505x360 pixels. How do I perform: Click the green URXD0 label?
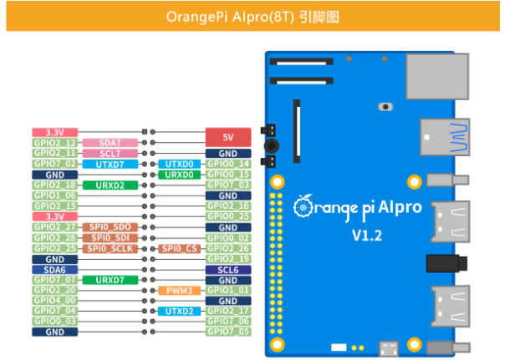[x=179, y=174]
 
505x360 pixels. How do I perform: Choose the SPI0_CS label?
[x=179, y=248]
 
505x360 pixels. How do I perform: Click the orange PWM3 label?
[x=179, y=290]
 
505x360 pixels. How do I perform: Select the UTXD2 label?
[x=179, y=311]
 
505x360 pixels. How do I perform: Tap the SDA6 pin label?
[x=55, y=269]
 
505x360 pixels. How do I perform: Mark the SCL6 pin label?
[x=228, y=269]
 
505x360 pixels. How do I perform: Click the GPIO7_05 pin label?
[x=228, y=332]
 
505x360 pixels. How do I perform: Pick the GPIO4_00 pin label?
[x=55, y=300]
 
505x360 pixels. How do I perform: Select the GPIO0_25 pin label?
[x=228, y=216]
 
